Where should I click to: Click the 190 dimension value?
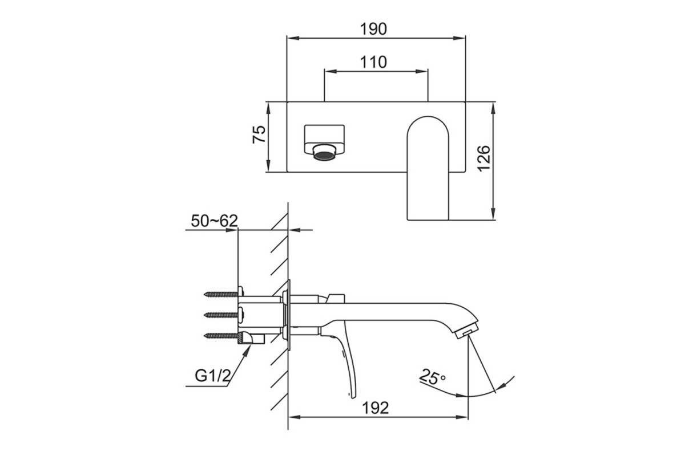tap(373, 29)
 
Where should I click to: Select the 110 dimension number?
tap(373, 62)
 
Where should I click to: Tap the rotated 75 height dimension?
tap(259, 135)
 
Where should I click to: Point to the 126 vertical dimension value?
tap(484, 158)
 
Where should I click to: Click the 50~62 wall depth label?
tap(215, 221)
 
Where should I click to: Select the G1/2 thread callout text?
tap(213, 376)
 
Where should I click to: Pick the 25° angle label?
tap(432, 377)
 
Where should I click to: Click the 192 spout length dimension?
tap(375, 408)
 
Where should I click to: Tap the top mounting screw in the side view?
tap(224, 294)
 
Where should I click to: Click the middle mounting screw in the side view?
tap(224, 315)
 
